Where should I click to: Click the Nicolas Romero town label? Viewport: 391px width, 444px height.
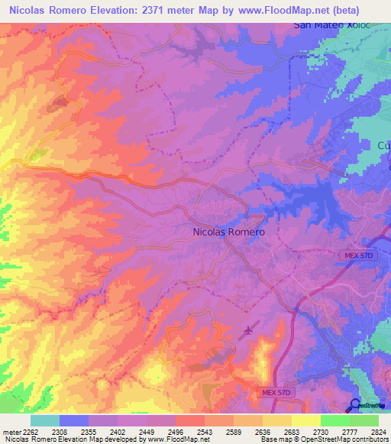pyautogui.click(x=229, y=231)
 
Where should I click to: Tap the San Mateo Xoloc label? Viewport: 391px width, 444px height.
pyautogui.click(x=332, y=24)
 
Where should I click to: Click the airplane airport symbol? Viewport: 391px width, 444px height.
pyautogui.click(x=248, y=332)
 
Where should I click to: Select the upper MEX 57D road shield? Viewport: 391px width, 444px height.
pyautogui.click(x=357, y=255)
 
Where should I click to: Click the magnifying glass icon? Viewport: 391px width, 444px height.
pyautogui.click(x=355, y=404)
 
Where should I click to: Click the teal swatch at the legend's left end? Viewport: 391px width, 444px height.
pyautogui.click(x=45, y=421)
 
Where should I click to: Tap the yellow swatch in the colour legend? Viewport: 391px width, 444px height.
pyautogui.click(x=305, y=421)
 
